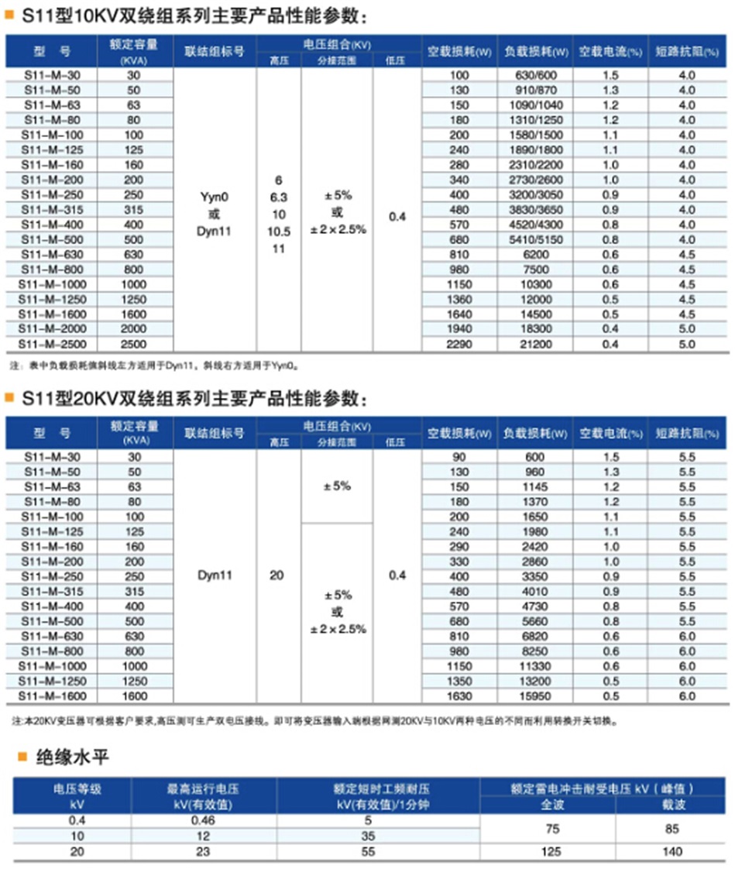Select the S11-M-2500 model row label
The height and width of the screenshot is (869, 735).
coord(52,344)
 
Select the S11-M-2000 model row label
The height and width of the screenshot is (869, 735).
coord(52,329)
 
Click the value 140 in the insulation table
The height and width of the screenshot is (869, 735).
coord(671,852)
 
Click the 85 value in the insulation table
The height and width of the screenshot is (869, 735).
coord(671,829)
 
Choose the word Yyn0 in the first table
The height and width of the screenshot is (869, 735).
coord(215,197)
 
